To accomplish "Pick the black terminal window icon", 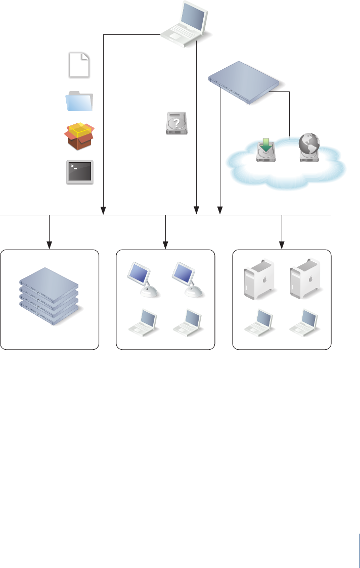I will [79, 172].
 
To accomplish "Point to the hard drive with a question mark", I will [176, 123].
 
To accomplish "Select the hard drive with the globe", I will [310, 148].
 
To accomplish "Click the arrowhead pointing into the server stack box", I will [49, 246].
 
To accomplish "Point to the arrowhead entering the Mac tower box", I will [282, 246].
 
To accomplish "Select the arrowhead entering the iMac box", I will [166, 246].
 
